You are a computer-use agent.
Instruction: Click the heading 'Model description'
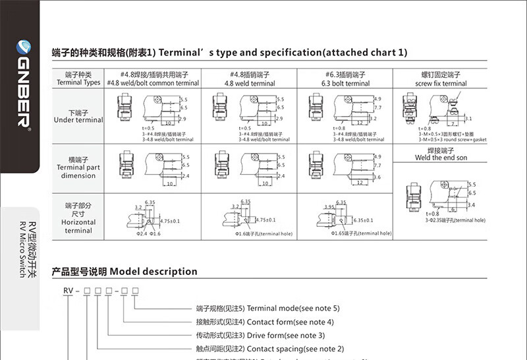coord(153,271)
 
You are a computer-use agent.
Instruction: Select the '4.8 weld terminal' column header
coord(250,84)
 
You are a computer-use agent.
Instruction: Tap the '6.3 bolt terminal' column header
coord(345,84)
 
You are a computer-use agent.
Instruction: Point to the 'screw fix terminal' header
coord(441,84)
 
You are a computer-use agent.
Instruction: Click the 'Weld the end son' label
coord(441,158)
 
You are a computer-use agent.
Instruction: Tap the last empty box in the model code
coord(136,290)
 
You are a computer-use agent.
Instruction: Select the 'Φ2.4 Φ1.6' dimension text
coord(148,234)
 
